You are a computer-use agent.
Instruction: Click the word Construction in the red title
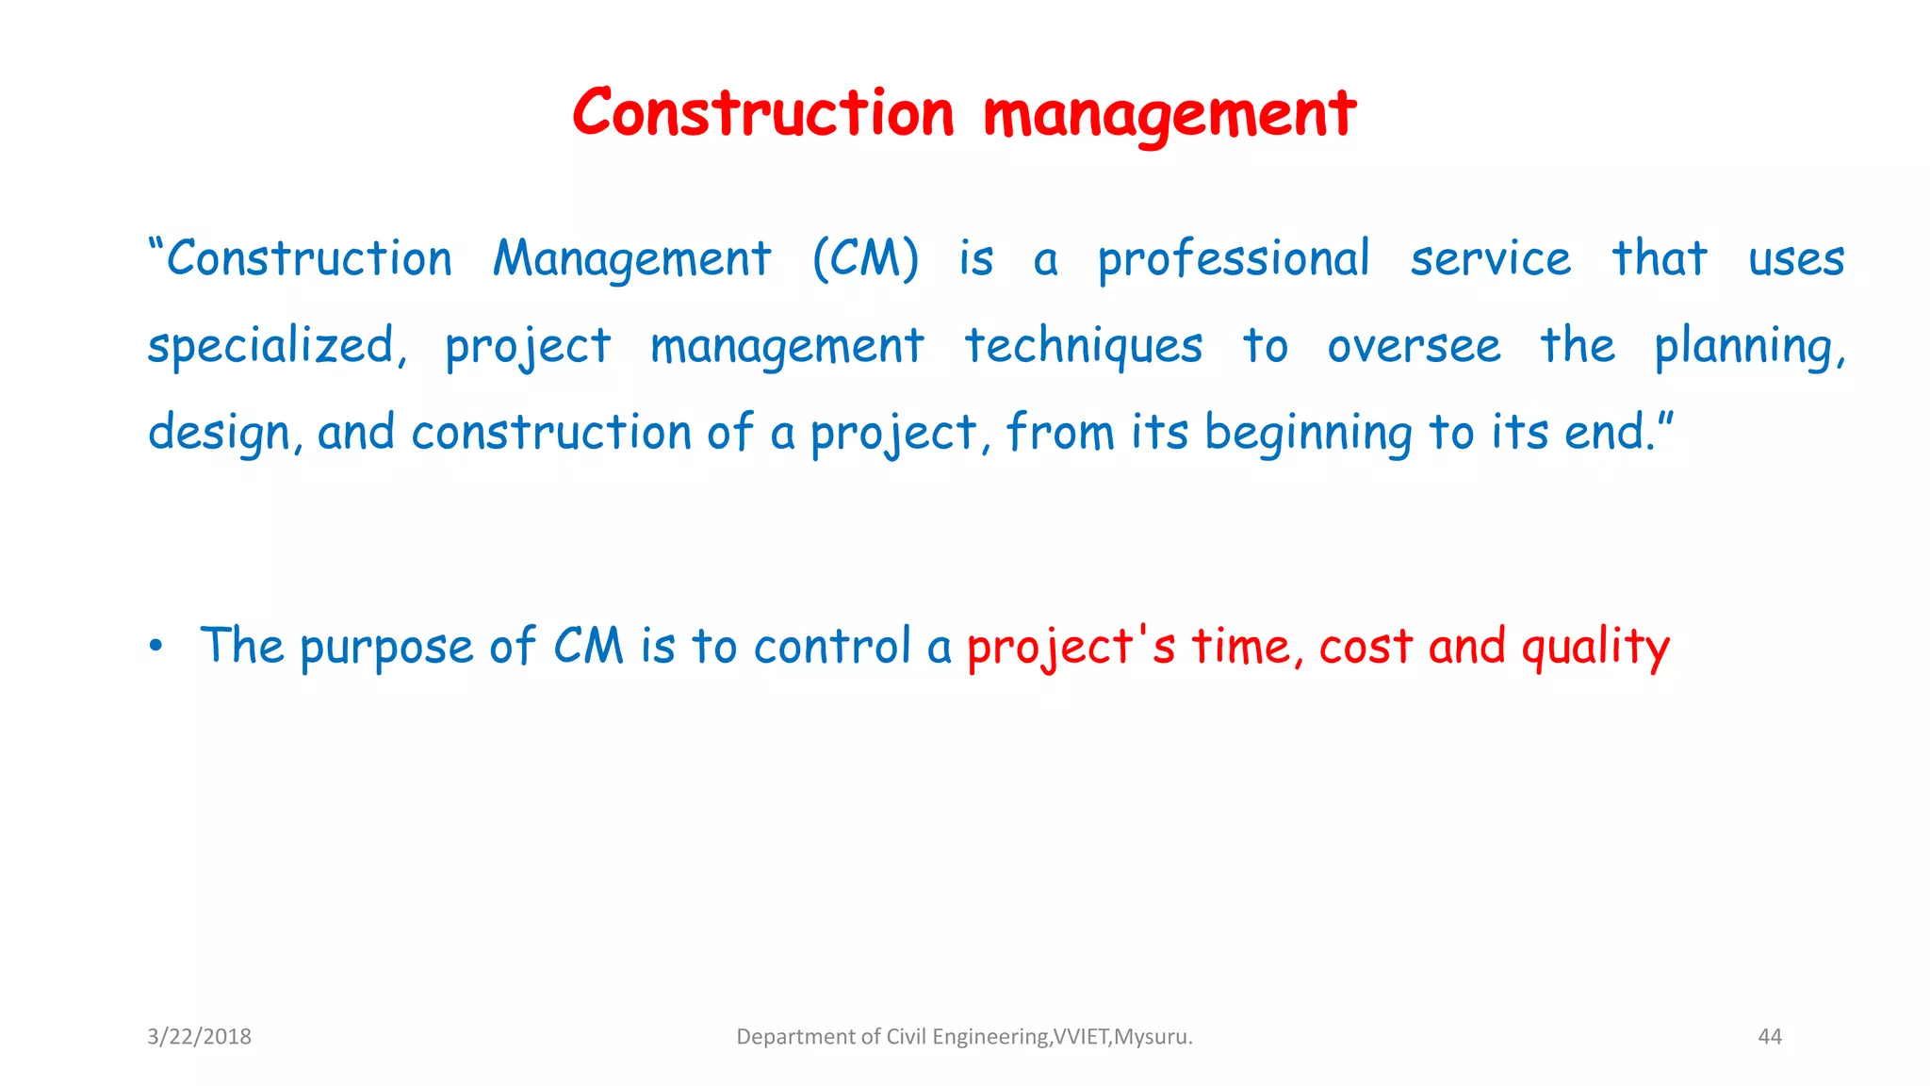pos(763,114)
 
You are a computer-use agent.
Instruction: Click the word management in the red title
pos(1169,116)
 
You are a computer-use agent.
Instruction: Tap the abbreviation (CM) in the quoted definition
pos(865,259)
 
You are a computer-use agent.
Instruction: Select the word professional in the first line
pos(1234,259)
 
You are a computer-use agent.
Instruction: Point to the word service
pos(1490,259)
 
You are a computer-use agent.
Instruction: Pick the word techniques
pos(1083,346)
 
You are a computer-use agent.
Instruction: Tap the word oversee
pos(1414,346)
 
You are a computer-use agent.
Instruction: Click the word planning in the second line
pos(1748,346)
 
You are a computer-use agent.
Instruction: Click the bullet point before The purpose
pos(155,647)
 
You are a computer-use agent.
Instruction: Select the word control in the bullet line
pos(833,647)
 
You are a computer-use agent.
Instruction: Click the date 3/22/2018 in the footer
pos(199,1037)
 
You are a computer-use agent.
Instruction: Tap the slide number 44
pos(1770,1037)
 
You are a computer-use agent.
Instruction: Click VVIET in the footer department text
pos(1081,1037)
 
